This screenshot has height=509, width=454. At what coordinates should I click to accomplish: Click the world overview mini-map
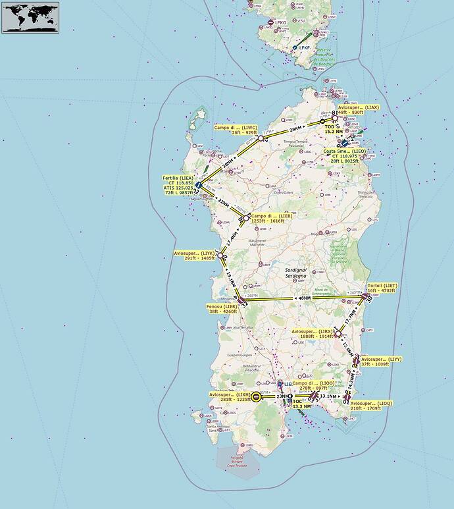30,17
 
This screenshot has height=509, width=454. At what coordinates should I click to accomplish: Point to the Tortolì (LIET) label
382,288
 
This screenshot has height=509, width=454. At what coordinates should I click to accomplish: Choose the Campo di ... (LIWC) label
236,129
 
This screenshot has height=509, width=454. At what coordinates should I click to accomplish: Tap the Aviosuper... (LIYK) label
195,255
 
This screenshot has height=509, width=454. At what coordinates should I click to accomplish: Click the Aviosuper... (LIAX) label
359,109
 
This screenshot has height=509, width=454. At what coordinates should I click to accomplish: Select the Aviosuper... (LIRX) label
312,334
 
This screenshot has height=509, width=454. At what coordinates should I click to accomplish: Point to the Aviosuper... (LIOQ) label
372,405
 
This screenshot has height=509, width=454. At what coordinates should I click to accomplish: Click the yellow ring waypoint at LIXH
256,396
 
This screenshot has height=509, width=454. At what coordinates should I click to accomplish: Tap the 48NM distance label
304,298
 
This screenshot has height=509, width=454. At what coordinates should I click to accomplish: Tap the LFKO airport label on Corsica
281,22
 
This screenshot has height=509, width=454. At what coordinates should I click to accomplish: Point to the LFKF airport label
303,47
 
